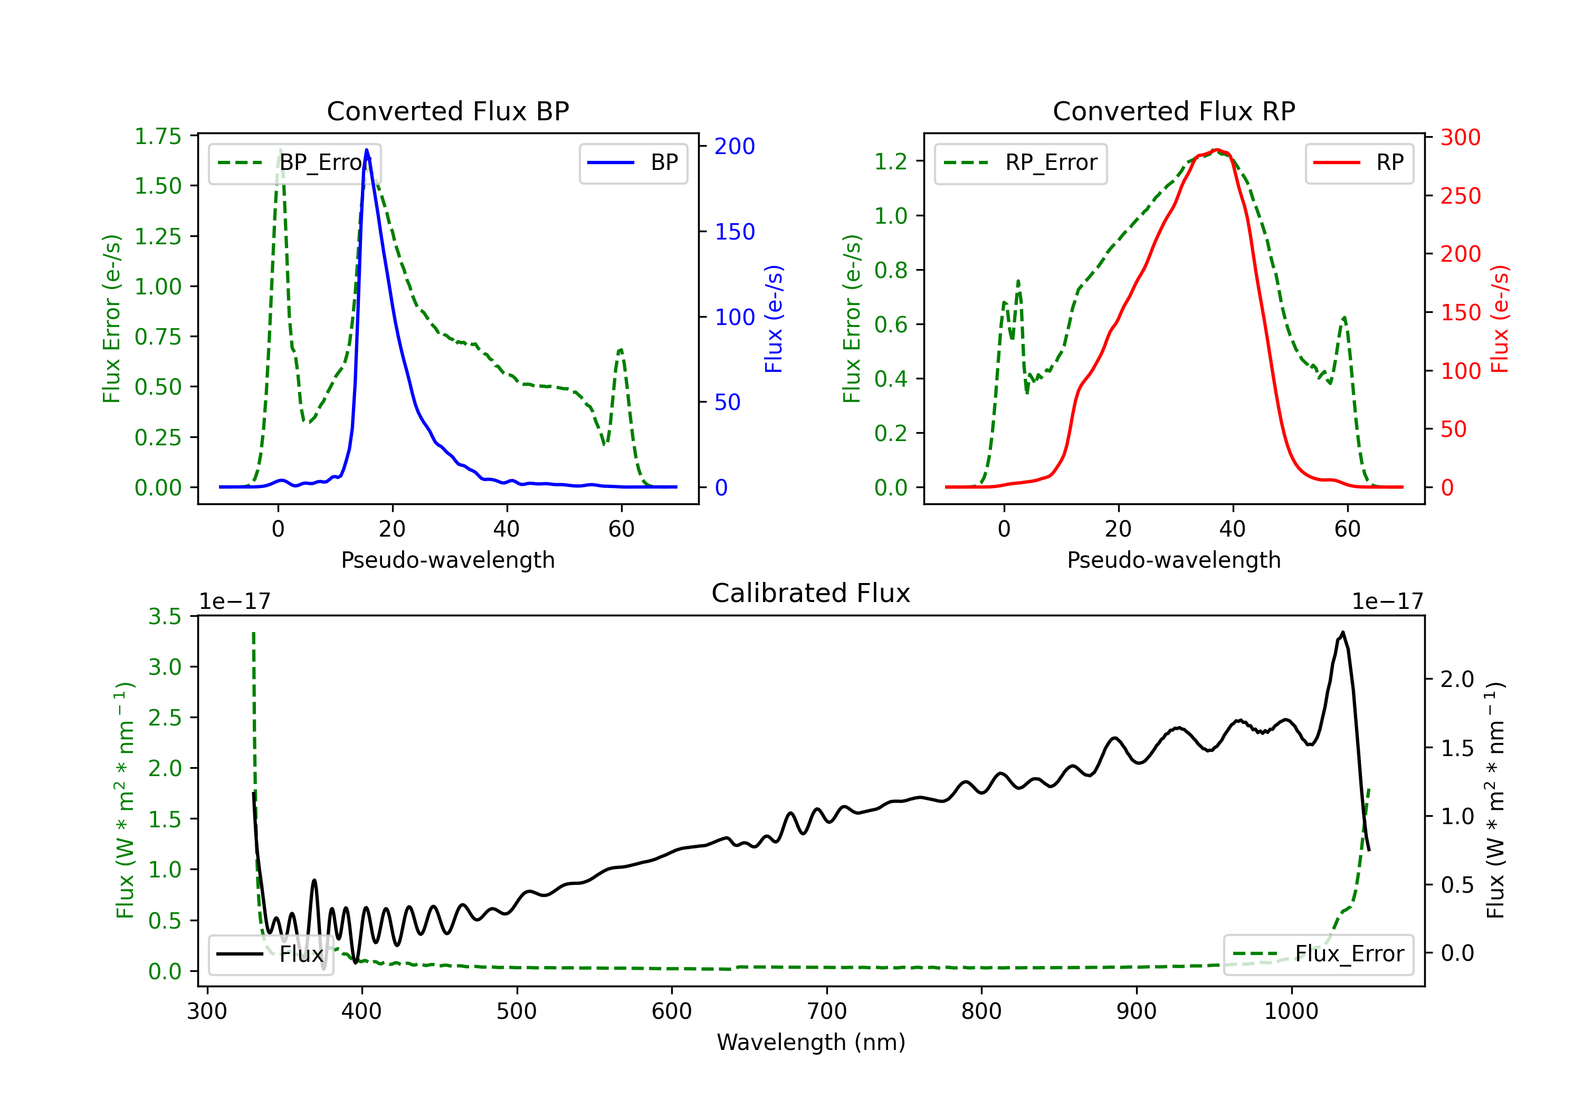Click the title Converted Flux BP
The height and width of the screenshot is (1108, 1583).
[447, 111]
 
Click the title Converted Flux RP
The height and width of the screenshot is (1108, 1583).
[1174, 111]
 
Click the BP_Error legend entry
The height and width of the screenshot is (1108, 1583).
[294, 163]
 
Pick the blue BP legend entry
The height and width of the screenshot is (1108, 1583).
[633, 163]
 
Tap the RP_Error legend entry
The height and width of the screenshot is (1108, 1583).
[1021, 163]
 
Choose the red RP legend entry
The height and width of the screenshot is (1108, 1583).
[1359, 163]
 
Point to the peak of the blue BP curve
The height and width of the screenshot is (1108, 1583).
[366, 150]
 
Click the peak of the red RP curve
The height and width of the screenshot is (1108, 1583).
[1217, 150]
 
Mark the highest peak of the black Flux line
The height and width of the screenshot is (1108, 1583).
[1342, 632]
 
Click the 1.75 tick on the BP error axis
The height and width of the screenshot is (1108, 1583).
[158, 137]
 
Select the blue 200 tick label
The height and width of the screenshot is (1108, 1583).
[735, 146]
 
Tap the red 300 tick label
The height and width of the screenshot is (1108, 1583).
[1460, 137]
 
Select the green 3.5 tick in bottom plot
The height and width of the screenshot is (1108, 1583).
[165, 616]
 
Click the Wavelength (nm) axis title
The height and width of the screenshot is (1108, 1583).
[811, 1042]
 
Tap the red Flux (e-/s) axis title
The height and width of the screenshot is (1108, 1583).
[1500, 319]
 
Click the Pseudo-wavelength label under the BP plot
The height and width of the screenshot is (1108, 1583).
[447, 560]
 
